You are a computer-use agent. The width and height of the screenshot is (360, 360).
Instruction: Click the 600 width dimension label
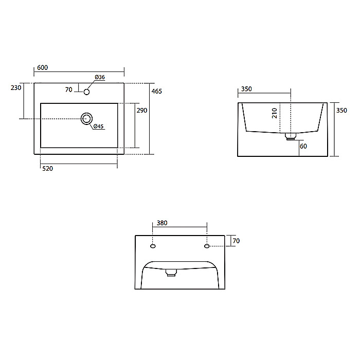[x=43, y=67]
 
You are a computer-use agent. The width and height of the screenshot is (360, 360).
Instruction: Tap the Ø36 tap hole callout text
[x=100, y=77]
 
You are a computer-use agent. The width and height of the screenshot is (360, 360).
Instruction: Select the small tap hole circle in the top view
[x=86, y=92]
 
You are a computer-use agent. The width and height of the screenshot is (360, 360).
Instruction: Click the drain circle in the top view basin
[x=86, y=119]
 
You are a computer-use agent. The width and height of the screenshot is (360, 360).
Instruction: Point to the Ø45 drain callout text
[x=99, y=126]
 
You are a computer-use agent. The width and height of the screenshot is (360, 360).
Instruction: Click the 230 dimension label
[x=16, y=88]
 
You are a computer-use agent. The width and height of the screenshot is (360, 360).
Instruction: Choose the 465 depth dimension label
[x=156, y=92]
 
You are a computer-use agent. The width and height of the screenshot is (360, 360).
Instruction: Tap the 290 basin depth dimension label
[x=142, y=111]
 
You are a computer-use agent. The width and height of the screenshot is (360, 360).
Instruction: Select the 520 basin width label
[x=47, y=169]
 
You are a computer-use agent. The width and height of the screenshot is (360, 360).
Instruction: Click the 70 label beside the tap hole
[x=68, y=89]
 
